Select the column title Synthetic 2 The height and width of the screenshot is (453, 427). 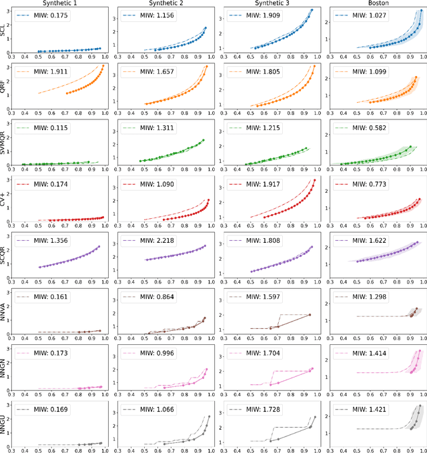tap(164, 4)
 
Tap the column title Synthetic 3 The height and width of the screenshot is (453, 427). tap(269, 4)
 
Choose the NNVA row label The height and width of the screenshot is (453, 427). tap(5, 310)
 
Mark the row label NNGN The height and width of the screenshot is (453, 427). tap(5, 366)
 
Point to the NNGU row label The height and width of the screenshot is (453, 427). tap(5, 422)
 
